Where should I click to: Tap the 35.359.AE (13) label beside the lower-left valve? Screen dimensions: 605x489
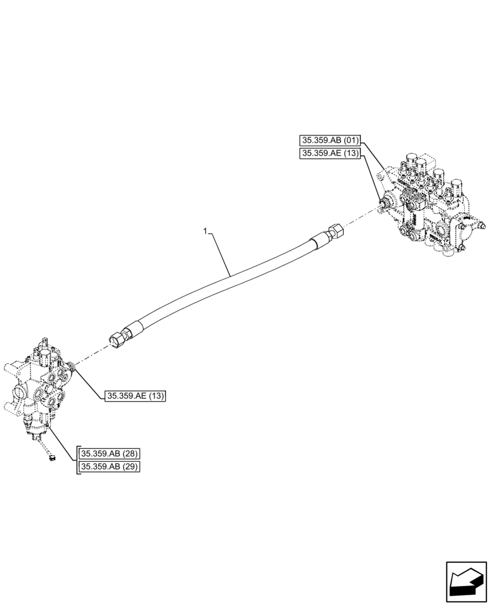(135, 396)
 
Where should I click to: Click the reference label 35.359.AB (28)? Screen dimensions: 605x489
(110, 454)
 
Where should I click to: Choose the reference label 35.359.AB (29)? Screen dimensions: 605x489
(110, 467)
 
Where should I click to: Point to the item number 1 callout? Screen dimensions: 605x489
(206, 231)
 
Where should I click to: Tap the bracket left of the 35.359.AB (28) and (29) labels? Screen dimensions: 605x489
(77, 461)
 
